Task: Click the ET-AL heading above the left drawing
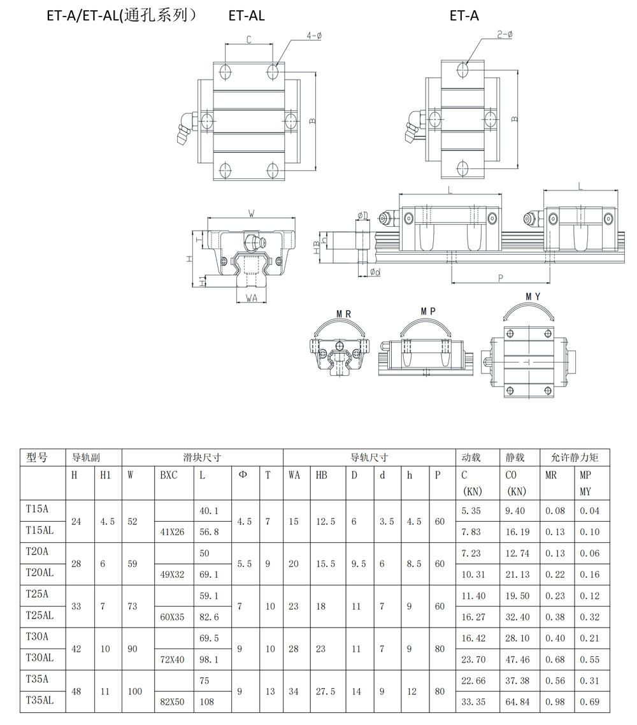(247, 16)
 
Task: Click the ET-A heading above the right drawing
(464, 16)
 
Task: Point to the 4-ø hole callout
(313, 37)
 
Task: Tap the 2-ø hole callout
(505, 34)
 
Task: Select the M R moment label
(343, 314)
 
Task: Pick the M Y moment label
(533, 297)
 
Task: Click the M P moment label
(428, 311)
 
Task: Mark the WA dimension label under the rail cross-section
(251, 298)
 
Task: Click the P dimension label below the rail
(500, 278)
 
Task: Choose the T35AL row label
(39, 700)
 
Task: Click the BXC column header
(169, 475)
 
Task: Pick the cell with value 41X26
(172, 532)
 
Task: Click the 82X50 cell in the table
(172, 702)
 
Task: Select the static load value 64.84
(517, 702)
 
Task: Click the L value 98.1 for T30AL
(209, 659)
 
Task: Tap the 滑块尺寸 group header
(202, 457)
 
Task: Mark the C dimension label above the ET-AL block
(248, 39)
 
